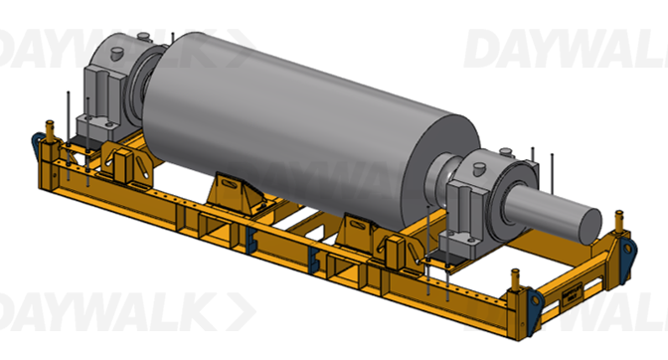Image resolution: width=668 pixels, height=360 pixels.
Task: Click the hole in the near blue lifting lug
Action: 535,299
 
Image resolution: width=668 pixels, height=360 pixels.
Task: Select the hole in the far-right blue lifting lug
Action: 627,248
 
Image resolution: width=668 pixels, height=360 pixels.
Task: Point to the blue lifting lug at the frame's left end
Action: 37,144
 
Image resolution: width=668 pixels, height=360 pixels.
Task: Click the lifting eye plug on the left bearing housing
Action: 116,54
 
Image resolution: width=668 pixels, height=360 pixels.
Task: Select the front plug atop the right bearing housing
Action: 479,169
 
